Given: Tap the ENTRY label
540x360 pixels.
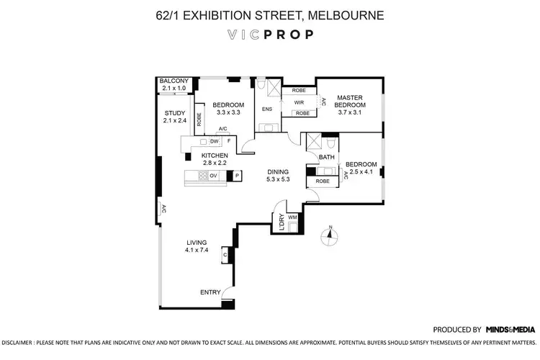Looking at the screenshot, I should (x=210, y=292).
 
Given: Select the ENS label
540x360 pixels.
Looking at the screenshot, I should (x=266, y=110).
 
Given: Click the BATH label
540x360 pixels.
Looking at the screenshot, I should (x=326, y=157).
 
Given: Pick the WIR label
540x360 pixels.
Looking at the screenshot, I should (x=300, y=102).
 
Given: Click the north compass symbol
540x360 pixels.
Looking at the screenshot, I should (x=330, y=235).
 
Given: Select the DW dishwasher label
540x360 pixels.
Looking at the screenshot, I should (x=215, y=142).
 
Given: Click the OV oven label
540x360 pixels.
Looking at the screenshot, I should (x=214, y=175).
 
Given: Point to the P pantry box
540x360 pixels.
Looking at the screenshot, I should (x=238, y=176).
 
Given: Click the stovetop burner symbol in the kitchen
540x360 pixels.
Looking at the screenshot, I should (x=203, y=175).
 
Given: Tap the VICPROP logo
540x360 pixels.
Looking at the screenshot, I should (x=269, y=35).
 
